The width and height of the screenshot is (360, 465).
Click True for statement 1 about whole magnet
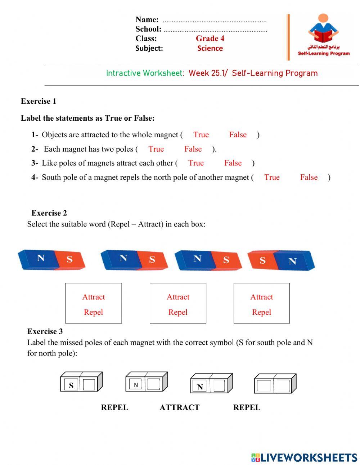click(201, 135)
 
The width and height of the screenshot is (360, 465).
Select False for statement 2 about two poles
click(193, 149)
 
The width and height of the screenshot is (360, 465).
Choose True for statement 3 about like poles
click(196, 163)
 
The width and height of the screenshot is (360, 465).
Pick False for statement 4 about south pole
click(309, 177)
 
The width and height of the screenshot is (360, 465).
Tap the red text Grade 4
click(210, 39)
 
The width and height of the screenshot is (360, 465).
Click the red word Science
click(210, 48)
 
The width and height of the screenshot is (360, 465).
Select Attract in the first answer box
click(94, 297)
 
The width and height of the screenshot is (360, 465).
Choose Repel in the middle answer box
click(178, 312)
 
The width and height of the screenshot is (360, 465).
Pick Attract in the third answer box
click(262, 297)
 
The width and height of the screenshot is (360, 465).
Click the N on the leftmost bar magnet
click(41, 258)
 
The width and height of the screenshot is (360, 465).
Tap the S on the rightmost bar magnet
click(263, 260)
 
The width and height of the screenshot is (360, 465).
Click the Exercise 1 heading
click(39, 101)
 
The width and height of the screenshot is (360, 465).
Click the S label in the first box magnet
click(71, 385)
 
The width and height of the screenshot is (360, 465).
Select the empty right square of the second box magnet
click(154, 384)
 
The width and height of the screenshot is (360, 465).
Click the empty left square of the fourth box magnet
click(264, 386)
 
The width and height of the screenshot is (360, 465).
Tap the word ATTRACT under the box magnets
click(179, 407)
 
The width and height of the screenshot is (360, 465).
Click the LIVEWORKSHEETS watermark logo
click(304, 457)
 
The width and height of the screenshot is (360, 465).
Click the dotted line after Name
click(215, 21)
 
